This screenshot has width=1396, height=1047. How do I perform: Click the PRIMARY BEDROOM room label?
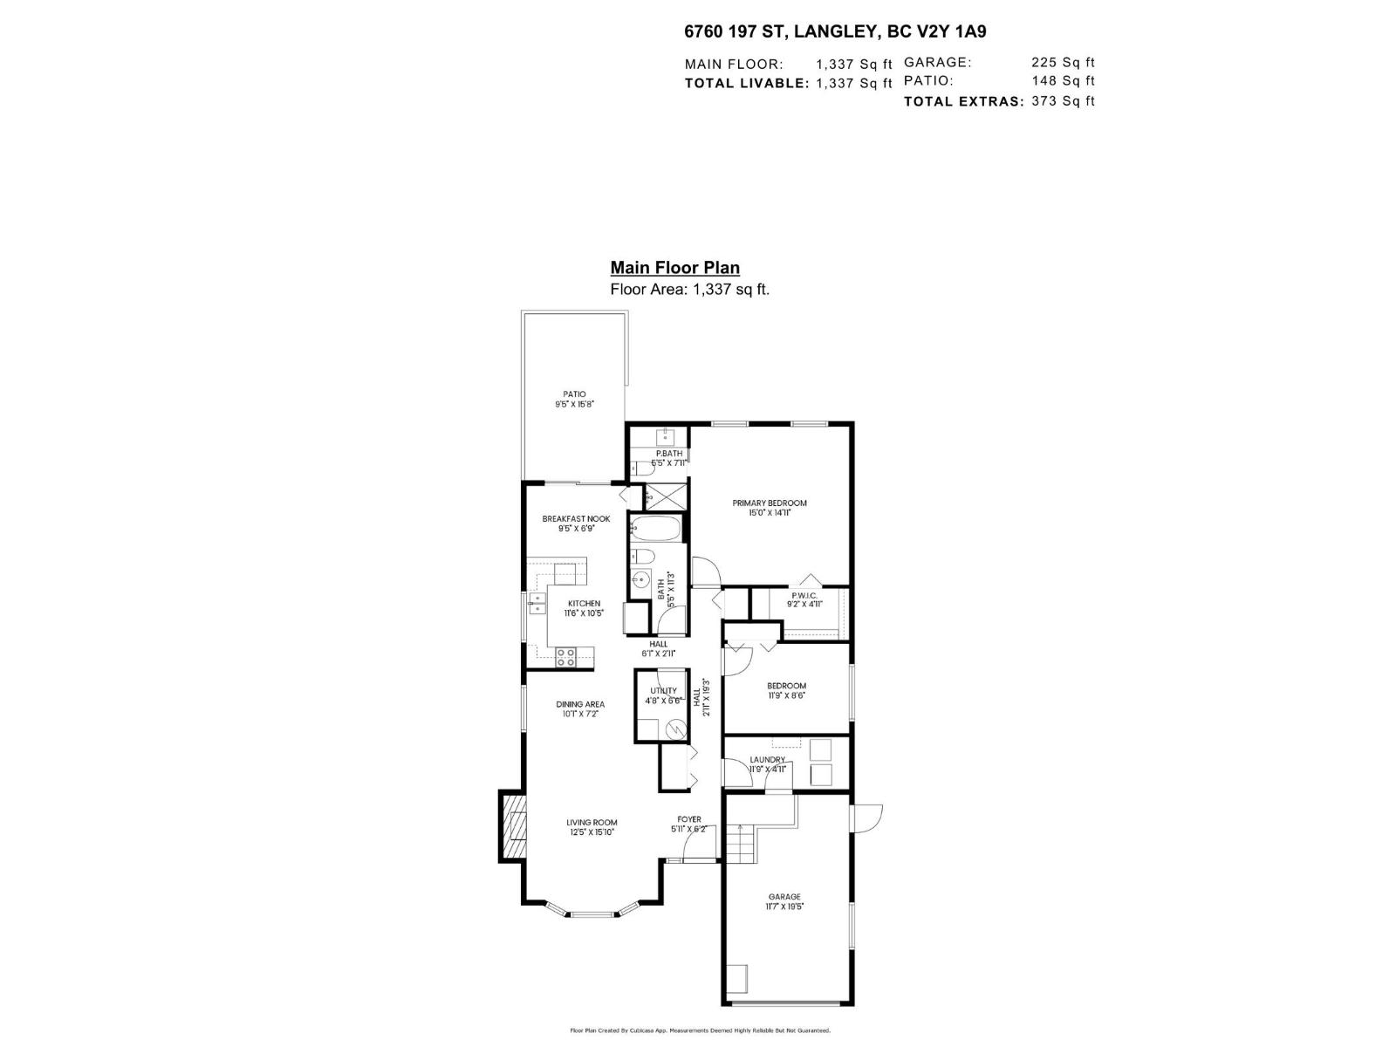pos(769,503)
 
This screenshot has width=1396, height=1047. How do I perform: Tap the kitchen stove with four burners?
pos(565,657)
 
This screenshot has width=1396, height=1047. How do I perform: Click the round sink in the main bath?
pos(641,578)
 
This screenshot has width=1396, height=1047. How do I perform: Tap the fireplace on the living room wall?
pos(514,825)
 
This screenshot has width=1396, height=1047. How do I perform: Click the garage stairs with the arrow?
pos(741,843)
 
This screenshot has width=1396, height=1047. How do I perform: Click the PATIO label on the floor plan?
pos(574,394)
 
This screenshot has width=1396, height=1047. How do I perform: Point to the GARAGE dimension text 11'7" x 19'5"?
pos(785,907)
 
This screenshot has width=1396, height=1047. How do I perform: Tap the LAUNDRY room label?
pos(767,759)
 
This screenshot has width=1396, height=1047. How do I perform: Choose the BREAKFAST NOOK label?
pos(576,518)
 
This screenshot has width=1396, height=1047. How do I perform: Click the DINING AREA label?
pos(580,704)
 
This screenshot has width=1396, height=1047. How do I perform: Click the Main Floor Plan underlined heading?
pos(674,268)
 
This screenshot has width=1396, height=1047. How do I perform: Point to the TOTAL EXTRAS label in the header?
pos(963,101)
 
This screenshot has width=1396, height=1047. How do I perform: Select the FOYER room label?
pos(689,819)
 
